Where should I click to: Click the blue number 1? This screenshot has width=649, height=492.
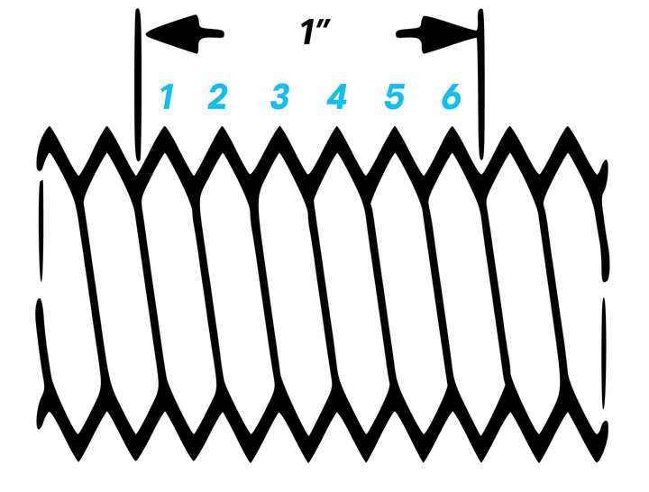point(166,96)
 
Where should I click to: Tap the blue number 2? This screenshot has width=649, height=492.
point(217,96)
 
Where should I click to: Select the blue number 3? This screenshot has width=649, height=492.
point(279,96)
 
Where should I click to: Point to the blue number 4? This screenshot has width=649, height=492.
point(336,96)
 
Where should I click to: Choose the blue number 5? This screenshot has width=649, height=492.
point(394,96)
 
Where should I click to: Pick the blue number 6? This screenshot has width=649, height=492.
point(451,96)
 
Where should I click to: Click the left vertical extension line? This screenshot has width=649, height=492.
point(137,81)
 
